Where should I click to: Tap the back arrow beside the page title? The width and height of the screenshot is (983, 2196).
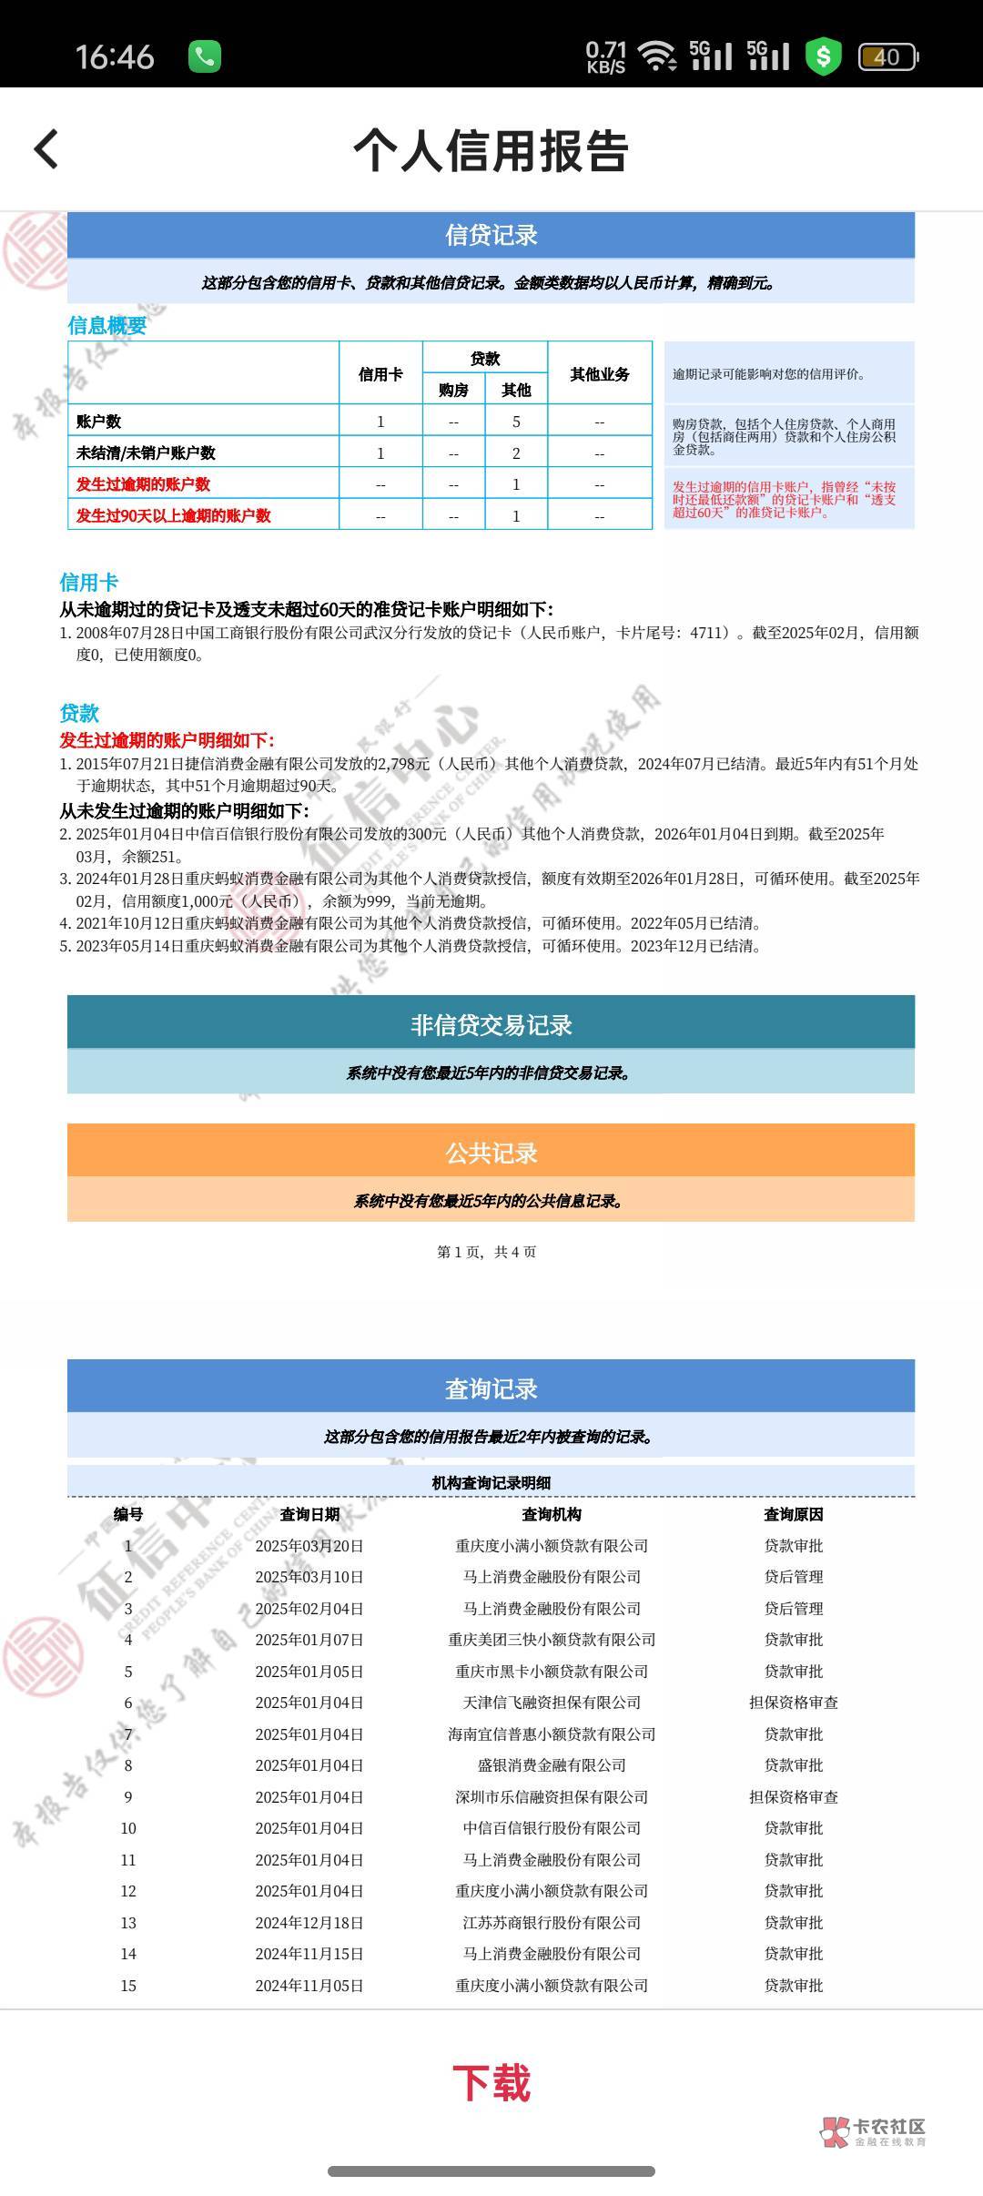[x=46, y=149]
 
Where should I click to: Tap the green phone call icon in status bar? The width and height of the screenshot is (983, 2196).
[x=204, y=56]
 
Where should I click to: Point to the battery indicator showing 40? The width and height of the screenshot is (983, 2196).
[x=887, y=57]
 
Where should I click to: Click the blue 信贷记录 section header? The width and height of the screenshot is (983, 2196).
[x=491, y=236]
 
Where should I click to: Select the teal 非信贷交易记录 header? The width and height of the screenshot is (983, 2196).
[x=491, y=1025]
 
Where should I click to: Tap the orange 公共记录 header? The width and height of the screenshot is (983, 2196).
[x=491, y=1153]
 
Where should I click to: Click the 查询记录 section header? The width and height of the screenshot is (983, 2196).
[x=491, y=1388]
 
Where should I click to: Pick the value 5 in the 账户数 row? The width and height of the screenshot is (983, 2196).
[x=516, y=422]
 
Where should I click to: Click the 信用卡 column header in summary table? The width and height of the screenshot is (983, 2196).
[x=380, y=374]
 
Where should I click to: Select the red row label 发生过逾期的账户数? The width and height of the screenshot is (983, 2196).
[x=143, y=484]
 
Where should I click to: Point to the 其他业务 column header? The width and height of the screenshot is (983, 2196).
[x=599, y=374]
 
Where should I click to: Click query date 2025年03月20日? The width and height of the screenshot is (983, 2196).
[x=309, y=1546]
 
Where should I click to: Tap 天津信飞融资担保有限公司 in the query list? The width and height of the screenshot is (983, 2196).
[x=552, y=1703]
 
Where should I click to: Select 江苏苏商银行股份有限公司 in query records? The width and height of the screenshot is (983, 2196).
[x=552, y=1923]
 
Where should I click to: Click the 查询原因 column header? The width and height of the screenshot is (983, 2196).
[x=793, y=1514]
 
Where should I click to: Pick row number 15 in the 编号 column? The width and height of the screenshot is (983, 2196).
[x=128, y=1986]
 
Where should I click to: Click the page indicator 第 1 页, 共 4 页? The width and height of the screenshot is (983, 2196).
[x=487, y=1252]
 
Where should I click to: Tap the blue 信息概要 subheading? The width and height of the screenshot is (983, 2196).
[x=106, y=325]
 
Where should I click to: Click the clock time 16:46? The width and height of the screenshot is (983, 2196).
[x=115, y=57]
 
